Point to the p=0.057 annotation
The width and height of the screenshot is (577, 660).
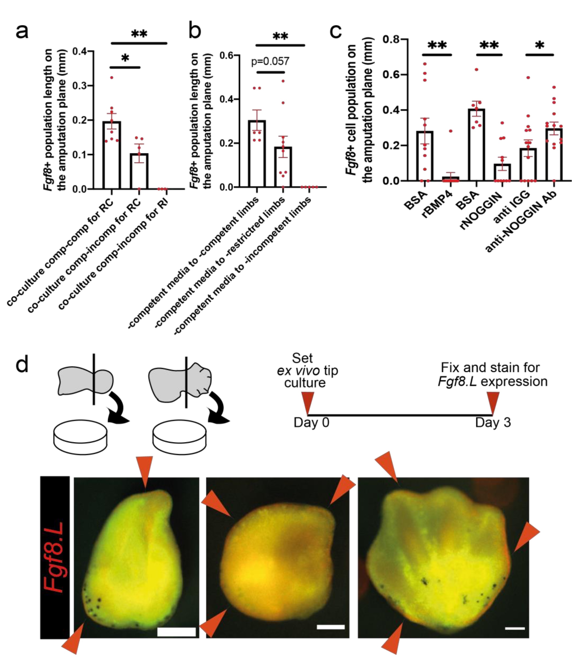(x=270, y=61)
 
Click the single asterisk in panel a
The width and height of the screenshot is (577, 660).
(x=125, y=58)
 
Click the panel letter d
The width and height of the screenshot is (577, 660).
(x=22, y=365)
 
